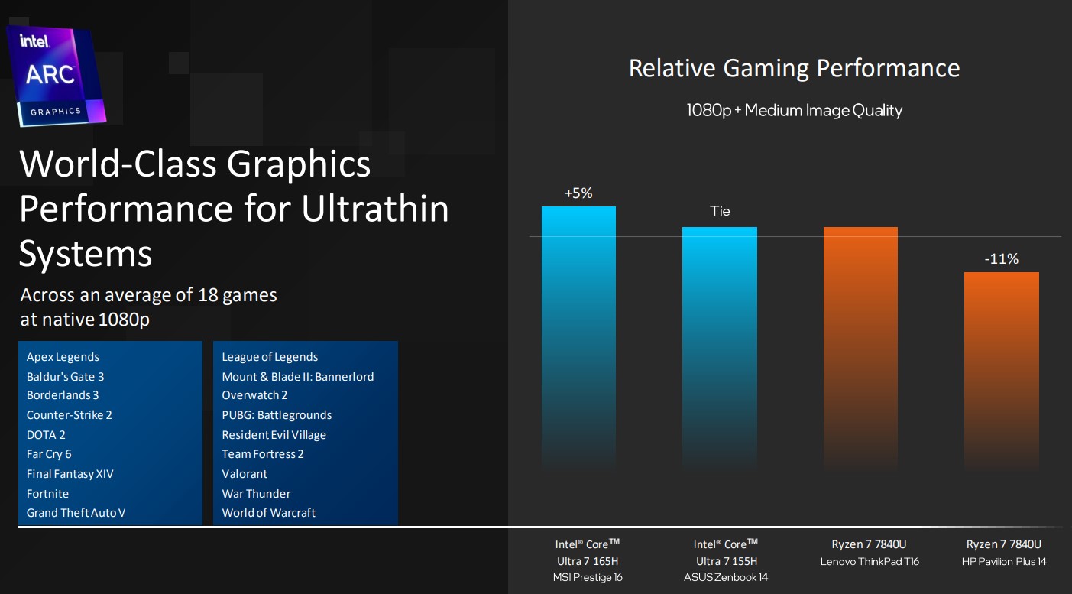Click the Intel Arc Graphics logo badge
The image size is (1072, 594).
[x=55, y=75]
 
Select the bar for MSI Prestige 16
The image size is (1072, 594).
[x=578, y=336]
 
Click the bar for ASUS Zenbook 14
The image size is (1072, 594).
[x=719, y=348]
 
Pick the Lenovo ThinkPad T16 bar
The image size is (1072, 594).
[x=860, y=348]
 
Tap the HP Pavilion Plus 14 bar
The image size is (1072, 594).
[x=1001, y=371]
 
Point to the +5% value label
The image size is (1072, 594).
[x=578, y=193]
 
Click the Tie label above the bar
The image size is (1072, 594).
[x=720, y=211]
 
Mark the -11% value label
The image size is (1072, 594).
[x=1001, y=259]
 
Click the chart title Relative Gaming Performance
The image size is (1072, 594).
[x=794, y=68]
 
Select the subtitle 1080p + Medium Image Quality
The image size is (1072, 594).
[x=794, y=110]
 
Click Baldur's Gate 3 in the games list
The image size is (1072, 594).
[x=65, y=376]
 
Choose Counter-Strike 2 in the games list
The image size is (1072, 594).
[x=69, y=415]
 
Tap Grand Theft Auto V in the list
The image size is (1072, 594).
[x=76, y=513]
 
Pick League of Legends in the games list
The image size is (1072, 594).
[x=270, y=357]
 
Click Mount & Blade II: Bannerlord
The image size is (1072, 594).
[x=298, y=376]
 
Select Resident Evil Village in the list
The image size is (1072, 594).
[x=274, y=435]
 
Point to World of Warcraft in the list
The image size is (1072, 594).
[x=268, y=513]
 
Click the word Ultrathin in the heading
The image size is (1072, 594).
[x=375, y=208]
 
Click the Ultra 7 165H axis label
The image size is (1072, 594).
[x=588, y=561]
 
